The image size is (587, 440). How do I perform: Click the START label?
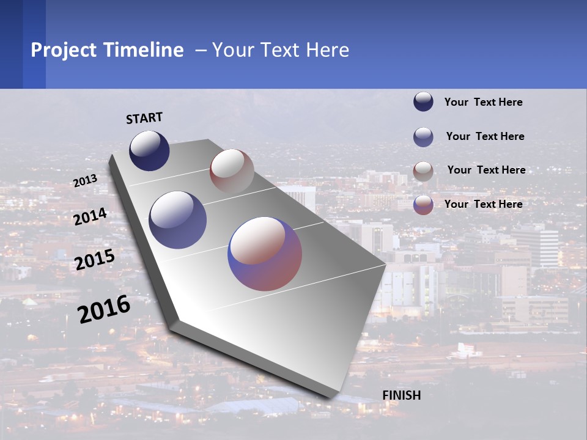[144, 117]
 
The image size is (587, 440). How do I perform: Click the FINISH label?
[402, 395]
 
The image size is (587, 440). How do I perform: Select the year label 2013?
[86, 181]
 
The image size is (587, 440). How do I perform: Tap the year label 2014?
[90, 216]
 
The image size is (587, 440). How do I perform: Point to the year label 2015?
[94, 260]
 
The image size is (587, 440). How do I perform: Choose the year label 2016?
[104, 309]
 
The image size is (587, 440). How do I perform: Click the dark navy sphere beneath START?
[149, 151]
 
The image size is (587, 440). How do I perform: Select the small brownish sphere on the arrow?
[232, 172]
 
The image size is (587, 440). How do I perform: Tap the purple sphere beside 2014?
[178, 220]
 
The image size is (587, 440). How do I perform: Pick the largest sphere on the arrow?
[265, 254]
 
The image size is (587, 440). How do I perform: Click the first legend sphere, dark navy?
[423, 102]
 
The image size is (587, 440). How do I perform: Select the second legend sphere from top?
[423, 137]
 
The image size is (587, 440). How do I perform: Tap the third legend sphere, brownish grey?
[423, 171]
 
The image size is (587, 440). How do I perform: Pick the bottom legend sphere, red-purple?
[423, 205]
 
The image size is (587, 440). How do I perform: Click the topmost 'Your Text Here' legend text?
[483, 102]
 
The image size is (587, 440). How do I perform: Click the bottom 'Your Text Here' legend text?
[483, 204]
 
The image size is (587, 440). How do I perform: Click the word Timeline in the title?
[144, 50]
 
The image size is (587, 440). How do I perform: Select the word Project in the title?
[64, 50]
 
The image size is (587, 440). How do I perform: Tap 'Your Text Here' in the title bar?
[281, 50]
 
